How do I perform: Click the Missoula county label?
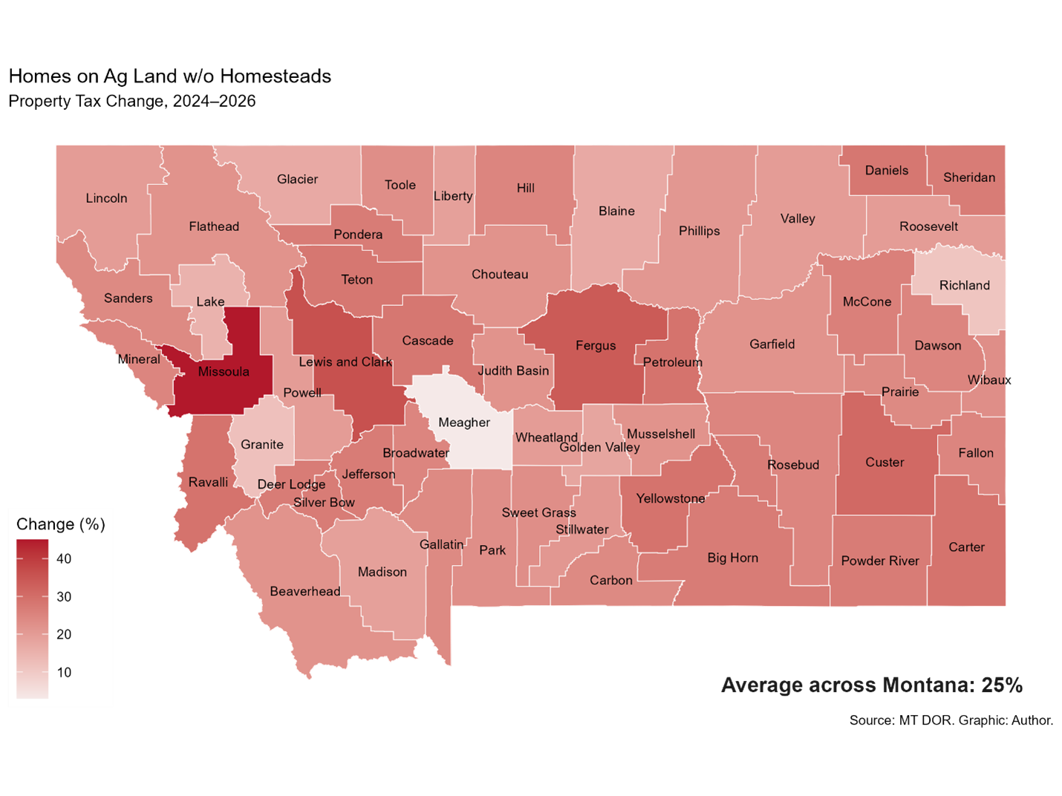point(224,372)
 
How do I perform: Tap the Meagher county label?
point(464,423)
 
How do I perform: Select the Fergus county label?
point(596,345)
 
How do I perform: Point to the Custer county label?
point(885,462)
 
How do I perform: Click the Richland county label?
point(964,285)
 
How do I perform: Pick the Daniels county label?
point(887,170)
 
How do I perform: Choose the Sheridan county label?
point(969,177)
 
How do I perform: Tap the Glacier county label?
point(297,179)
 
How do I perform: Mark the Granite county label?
point(262,444)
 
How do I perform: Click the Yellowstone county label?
point(671,498)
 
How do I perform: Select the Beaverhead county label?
point(305,591)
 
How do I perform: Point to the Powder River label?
point(880,561)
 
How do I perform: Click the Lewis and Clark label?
point(345,362)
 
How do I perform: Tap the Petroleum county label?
point(672,362)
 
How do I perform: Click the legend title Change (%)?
point(61,524)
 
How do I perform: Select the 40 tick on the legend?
point(64,558)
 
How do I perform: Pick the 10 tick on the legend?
point(64,672)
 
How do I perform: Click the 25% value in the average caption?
point(1002,685)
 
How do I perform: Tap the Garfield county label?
point(772,344)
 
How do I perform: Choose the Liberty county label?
point(453,196)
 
